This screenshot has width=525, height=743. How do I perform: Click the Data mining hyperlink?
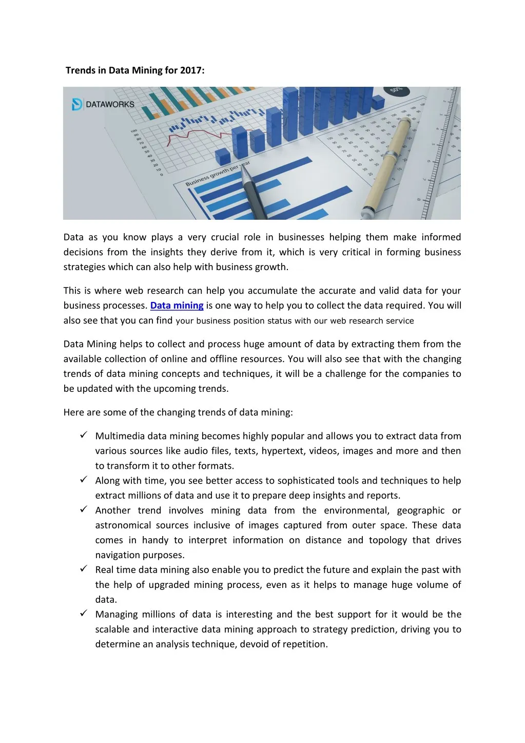tap(177, 306)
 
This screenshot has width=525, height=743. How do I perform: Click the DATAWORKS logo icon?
tap(77, 104)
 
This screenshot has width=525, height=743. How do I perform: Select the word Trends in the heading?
tap(81, 70)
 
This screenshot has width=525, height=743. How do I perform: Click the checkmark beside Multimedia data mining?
tap(84, 435)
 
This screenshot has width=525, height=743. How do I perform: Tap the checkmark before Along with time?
tap(84, 480)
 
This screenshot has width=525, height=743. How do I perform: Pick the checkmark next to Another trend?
tap(84, 509)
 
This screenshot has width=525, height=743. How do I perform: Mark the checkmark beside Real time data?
tap(84, 569)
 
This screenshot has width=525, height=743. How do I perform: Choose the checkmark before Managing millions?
tap(84, 614)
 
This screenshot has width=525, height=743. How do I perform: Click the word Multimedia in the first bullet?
tap(120, 436)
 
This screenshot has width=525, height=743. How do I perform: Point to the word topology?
tap(387, 540)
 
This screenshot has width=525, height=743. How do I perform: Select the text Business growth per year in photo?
tap(218, 174)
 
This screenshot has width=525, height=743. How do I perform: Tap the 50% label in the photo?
tap(396, 90)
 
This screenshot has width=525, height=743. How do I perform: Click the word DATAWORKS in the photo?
tap(110, 105)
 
